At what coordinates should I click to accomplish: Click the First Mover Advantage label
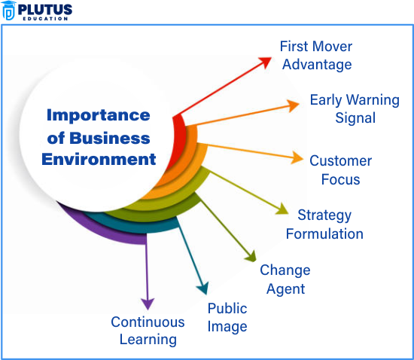coord(315,55)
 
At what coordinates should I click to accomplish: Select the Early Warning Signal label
coord(354,109)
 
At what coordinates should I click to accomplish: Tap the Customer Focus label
coord(340,169)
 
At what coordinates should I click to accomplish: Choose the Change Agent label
coord(285,279)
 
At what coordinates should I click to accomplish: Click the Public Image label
coord(227,317)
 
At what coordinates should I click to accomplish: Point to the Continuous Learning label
coord(148,330)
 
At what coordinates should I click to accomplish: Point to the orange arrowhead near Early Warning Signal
coord(294,105)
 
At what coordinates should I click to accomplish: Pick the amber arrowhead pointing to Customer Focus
coord(297,159)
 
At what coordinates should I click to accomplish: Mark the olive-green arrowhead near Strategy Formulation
coord(282,210)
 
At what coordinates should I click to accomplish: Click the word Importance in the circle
coord(98,115)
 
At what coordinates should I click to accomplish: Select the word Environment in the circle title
coord(99,159)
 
